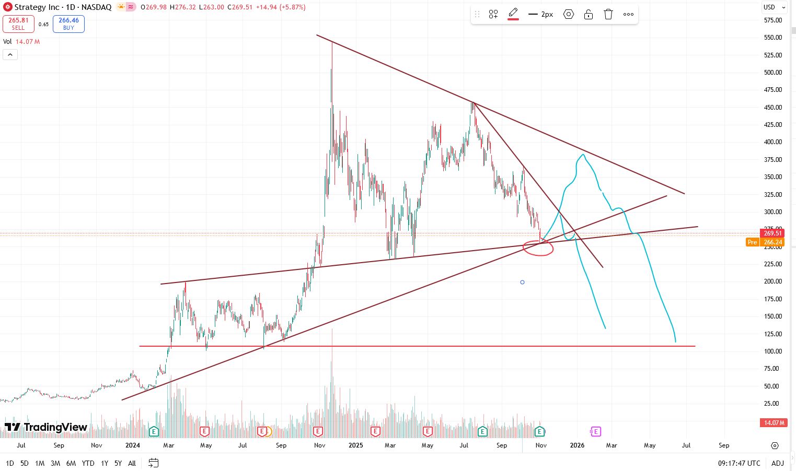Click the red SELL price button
coord(18,24)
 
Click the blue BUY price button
coord(68,24)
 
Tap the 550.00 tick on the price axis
coord(772,38)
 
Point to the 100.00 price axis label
coord(772,351)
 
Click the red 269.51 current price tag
coord(772,233)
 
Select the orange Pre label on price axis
coord(752,242)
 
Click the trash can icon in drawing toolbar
coord(608,15)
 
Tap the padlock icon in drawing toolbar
coord(589,15)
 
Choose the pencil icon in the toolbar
coord(513,14)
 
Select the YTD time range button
coord(88,463)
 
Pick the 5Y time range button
coord(118,463)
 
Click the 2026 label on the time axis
coord(577,445)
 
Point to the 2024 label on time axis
coord(133,445)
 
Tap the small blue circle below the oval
coord(522,282)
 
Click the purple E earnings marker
coord(595,431)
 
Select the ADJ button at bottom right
coord(777,463)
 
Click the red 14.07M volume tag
coord(774,423)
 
